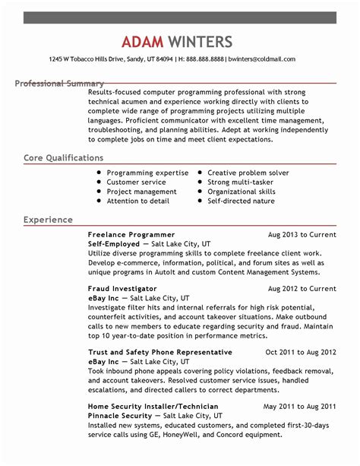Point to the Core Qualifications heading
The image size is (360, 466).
(x=63, y=158)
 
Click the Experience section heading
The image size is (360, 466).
(x=48, y=220)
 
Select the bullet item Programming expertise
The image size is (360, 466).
(x=147, y=173)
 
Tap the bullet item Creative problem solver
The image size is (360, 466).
(x=248, y=173)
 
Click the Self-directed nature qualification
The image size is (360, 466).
(x=242, y=201)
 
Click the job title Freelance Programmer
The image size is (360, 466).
(x=131, y=235)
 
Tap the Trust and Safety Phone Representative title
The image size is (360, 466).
(x=159, y=353)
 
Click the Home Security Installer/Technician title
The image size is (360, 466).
(x=153, y=407)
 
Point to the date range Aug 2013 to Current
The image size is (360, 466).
(x=302, y=235)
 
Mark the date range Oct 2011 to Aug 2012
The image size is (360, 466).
(x=300, y=353)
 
